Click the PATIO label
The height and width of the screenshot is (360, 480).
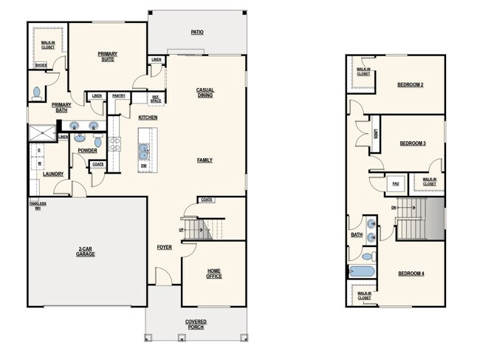(196, 33)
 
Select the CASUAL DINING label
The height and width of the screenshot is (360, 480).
(205, 92)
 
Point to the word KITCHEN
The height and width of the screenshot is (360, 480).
(148, 118)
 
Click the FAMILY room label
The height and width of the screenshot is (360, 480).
(205, 160)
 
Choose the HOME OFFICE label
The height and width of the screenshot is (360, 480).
(214, 274)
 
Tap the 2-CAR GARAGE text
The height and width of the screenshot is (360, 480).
(86, 251)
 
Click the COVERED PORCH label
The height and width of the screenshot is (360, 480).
(196, 325)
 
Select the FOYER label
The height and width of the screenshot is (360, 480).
(164, 247)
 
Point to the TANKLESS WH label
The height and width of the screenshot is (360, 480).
(38, 206)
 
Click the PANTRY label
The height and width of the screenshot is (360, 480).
(118, 96)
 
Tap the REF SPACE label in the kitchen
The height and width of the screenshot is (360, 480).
(156, 98)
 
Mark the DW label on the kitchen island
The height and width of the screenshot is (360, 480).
(144, 166)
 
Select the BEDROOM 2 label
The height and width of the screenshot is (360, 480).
(410, 85)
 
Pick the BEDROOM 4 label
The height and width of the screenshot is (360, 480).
(411, 274)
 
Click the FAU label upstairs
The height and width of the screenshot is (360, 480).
(395, 183)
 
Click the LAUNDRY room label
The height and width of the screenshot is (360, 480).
(52, 174)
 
